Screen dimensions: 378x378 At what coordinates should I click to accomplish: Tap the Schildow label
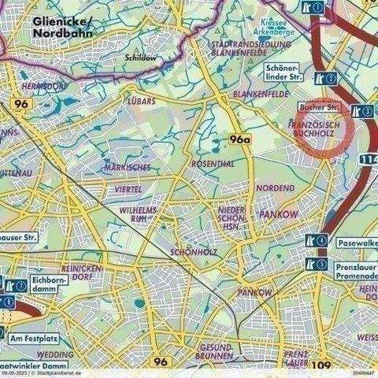coord(139,57)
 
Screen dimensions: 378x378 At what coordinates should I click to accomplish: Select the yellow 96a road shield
coord(239,139)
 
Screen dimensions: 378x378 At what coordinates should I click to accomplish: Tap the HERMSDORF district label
coord(26,86)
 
